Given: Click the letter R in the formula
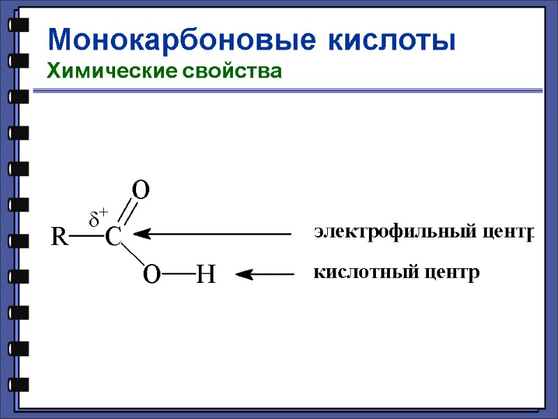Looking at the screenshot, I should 59,237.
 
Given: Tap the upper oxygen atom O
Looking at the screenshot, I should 142,189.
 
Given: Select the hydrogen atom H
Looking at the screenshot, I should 205,275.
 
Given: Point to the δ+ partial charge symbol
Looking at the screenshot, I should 98,217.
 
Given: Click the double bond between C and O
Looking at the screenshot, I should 127,214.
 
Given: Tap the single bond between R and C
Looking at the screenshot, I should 86,237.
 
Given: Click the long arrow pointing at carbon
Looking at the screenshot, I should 209,234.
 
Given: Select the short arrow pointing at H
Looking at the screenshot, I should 265,275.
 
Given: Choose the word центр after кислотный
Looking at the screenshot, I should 455,271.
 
